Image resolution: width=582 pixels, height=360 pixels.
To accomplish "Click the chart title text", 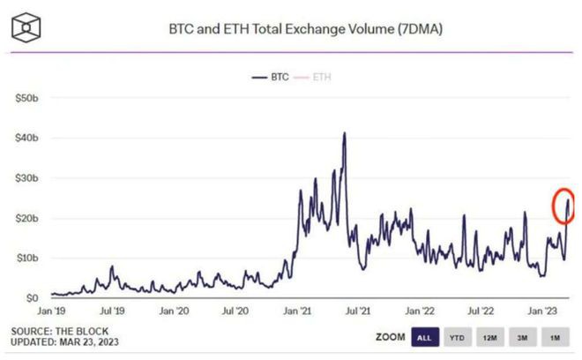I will (305, 29).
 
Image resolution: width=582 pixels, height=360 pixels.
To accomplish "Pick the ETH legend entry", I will (321, 78).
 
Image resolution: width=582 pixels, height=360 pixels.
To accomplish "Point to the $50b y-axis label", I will (26, 98).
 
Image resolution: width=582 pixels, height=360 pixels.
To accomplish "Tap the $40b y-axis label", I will (26, 139).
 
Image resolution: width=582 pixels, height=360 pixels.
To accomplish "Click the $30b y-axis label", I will (26, 178).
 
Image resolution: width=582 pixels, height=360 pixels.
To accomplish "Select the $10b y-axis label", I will (26, 258).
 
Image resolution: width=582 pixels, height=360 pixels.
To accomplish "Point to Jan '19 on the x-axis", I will (51, 311).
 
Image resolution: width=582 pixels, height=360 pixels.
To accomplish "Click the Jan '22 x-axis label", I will (420, 311).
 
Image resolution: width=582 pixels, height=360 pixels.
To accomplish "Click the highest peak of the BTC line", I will (344, 133).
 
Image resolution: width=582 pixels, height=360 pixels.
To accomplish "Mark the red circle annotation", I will (564, 206).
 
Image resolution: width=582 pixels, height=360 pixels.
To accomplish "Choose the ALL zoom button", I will (423, 337).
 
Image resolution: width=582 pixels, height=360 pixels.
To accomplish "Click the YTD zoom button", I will (457, 337).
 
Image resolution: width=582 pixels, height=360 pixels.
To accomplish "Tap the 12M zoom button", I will (490, 337).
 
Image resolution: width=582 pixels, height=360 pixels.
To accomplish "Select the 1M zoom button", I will (556, 337).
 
